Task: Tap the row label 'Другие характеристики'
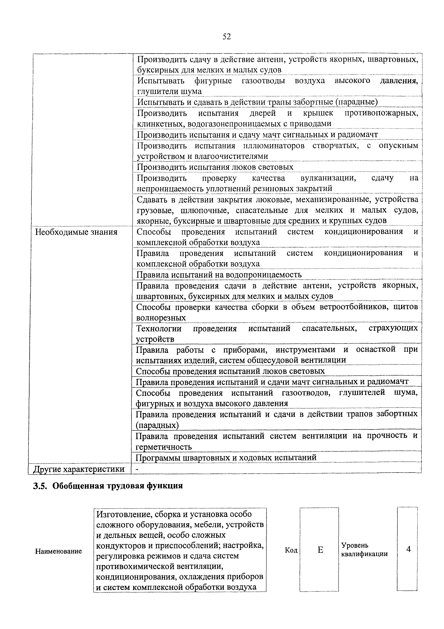click(79, 469)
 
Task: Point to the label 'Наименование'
click(59, 551)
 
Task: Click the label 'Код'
click(291, 550)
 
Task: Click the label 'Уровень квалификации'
click(364, 550)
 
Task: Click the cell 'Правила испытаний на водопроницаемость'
click(219, 275)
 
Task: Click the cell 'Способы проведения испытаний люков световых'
click(230, 371)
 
